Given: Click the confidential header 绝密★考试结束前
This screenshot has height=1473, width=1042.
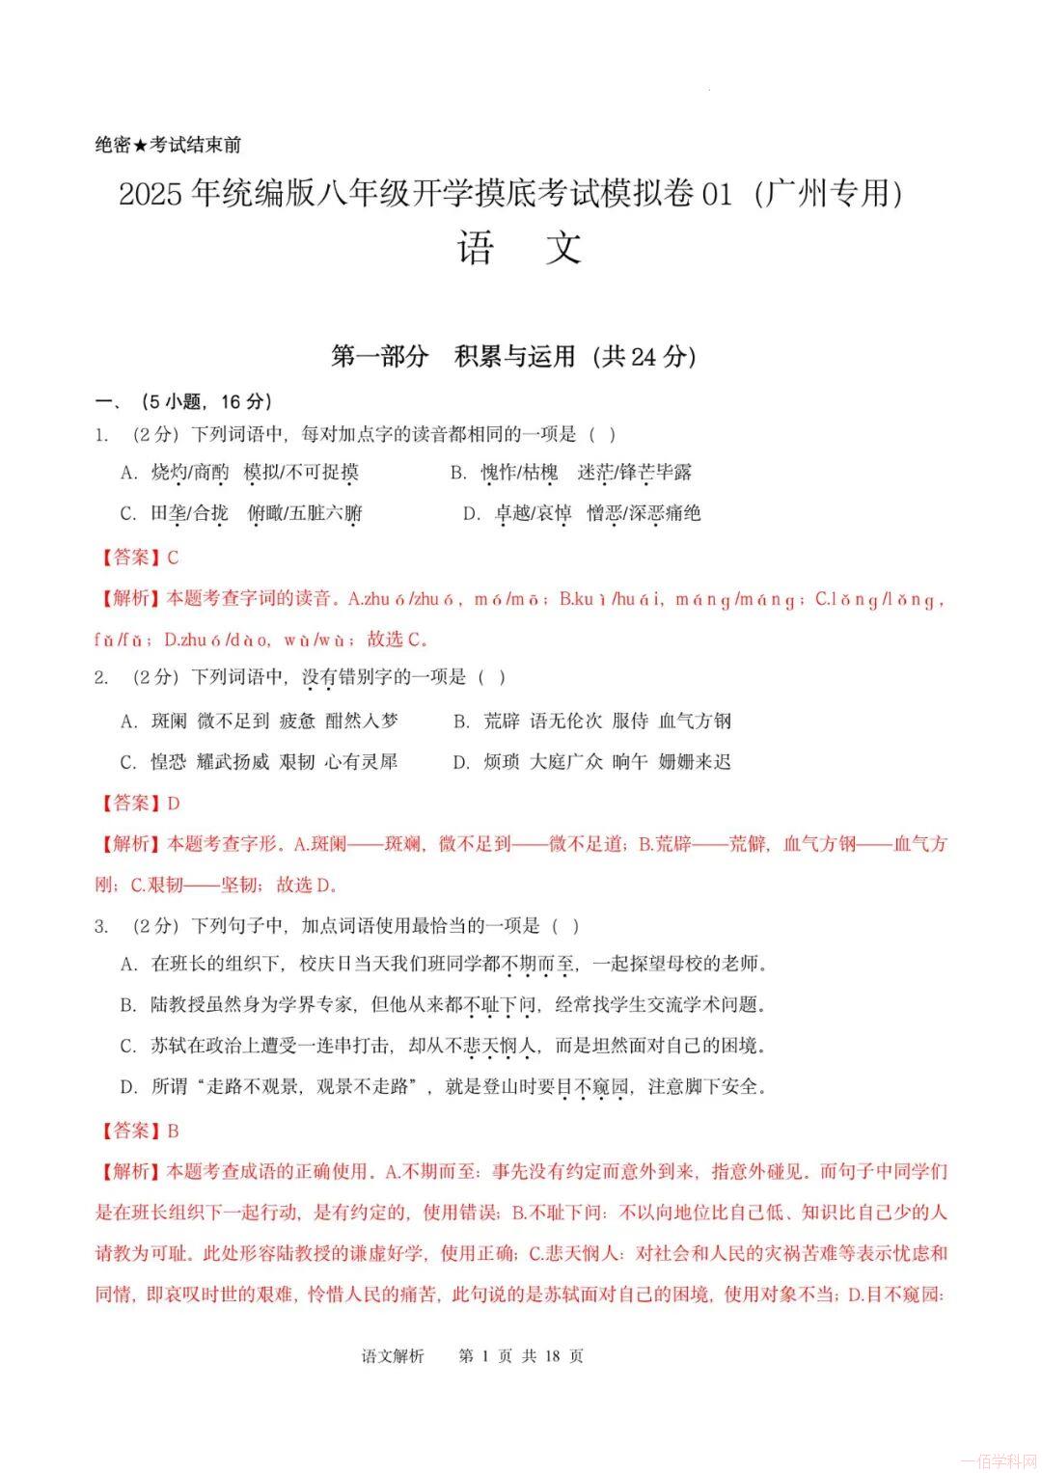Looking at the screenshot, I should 168,145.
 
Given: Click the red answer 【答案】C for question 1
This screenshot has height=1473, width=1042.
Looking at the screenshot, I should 140,558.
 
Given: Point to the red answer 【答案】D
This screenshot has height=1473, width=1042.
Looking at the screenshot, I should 140,803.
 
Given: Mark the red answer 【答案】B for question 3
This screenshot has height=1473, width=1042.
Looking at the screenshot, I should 140,1131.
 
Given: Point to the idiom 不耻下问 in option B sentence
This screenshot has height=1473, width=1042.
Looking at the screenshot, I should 500,1005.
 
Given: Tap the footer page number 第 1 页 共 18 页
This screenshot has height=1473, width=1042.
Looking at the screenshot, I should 521,1355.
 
